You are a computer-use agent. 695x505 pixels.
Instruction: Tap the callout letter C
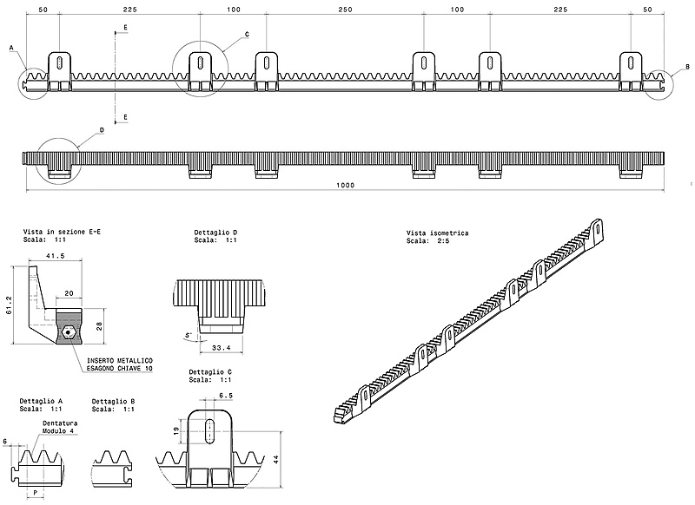pos(247,35)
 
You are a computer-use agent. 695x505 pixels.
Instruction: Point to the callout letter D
pos(102,130)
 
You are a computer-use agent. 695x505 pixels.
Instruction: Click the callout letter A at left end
pos(12,49)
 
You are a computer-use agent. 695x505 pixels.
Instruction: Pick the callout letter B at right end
pos(686,67)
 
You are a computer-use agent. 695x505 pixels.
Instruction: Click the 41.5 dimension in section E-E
pos(56,256)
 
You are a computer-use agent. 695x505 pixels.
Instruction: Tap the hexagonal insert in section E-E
pos(67,331)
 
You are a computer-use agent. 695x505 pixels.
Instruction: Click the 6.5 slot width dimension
pos(225,396)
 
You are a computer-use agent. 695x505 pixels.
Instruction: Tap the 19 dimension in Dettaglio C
pos(177,430)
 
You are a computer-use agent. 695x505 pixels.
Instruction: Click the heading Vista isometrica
pos(437,233)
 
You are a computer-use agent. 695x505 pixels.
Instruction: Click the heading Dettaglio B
pos(112,400)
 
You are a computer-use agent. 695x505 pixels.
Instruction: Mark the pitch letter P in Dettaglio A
pos(35,491)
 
